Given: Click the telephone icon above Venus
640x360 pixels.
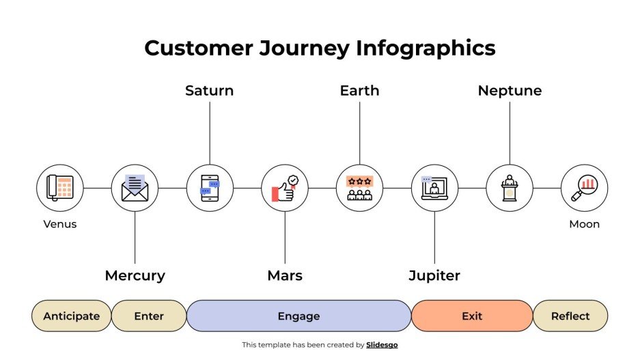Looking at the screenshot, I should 59,188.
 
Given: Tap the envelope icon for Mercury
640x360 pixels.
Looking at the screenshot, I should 135,188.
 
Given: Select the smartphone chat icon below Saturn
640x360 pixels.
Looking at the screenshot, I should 210,188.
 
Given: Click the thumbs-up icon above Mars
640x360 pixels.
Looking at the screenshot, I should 285,188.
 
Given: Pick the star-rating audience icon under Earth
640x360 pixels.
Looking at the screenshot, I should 359,188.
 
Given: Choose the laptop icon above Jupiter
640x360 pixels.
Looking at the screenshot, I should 434,188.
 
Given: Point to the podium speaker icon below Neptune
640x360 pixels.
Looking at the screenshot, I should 510,188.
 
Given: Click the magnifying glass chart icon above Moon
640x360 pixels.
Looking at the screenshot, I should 584,188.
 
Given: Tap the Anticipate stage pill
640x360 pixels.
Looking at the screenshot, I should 72,316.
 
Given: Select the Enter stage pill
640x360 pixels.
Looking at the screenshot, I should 149,316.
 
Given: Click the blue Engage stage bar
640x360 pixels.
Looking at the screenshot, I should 298,316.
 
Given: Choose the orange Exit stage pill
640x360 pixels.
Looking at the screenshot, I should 472,316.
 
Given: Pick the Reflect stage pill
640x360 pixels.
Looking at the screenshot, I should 570,316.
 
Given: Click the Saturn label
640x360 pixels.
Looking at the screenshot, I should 209,91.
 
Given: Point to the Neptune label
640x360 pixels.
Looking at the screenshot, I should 510,91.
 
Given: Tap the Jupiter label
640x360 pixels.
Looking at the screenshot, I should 434,276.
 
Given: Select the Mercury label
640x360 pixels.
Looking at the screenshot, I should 135,276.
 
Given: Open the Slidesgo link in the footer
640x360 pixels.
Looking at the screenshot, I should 382,345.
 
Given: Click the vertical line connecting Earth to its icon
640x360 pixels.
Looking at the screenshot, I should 360,133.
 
